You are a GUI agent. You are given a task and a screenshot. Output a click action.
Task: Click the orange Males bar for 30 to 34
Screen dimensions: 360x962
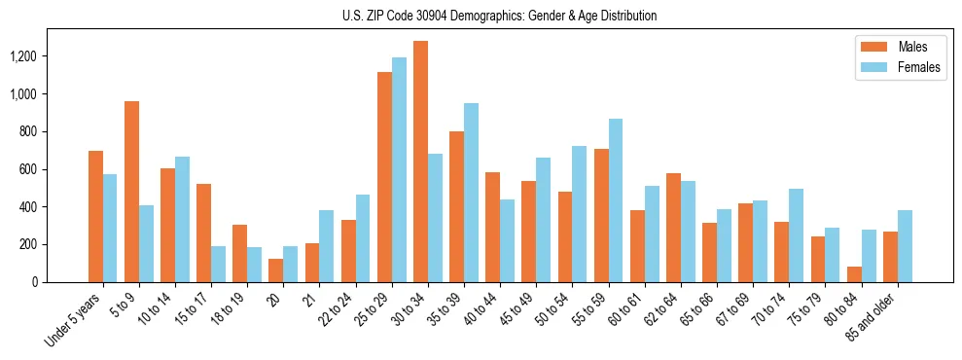click(x=420, y=162)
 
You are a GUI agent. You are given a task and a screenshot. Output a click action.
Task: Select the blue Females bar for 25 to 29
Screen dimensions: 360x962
click(x=399, y=170)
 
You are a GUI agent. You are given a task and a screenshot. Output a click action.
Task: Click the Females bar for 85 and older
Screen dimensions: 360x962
click(x=905, y=246)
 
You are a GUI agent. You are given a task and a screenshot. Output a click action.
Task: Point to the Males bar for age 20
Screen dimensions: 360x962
click(x=276, y=270)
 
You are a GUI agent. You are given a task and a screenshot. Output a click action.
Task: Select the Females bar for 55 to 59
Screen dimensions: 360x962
click(x=616, y=200)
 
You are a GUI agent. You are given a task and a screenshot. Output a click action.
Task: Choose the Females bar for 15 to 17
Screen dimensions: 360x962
click(x=219, y=264)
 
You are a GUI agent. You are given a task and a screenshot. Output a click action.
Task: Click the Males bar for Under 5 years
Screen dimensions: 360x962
click(x=95, y=216)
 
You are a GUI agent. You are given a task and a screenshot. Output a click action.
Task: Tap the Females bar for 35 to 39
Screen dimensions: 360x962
click(x=471, y=193)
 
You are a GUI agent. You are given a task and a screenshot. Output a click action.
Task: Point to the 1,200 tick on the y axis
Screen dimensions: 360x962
click(x=23, y=56)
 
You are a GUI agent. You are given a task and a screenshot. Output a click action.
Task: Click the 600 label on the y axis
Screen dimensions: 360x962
click(x=27, y=169)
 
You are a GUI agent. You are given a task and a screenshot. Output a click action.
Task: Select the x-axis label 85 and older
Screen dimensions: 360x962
click(x=875, y=314)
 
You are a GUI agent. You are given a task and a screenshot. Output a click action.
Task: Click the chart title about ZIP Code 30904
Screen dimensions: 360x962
click(x=499, y=16)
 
